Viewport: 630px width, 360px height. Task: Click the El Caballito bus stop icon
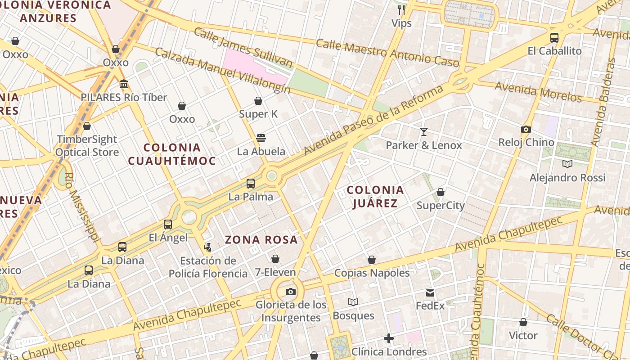point(554,38)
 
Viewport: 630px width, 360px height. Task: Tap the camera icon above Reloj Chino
point(526,130)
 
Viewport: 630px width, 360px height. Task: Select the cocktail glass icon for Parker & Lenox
point(423,132)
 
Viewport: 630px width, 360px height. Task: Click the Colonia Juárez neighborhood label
point(375,197)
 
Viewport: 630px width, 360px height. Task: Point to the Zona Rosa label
point(261,240)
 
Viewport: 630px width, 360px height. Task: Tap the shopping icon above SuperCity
point(441,193)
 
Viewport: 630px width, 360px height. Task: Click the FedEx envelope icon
point(430,293)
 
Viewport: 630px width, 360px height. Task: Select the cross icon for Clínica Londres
point(389,338)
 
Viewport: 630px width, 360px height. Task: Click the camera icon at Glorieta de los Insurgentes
point(291,292)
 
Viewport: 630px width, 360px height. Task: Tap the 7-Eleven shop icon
point(275,259)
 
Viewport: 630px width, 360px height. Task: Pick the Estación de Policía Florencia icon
point(207,247)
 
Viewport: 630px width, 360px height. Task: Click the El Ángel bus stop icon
point(168,224)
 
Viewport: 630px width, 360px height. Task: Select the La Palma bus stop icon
point(251,184)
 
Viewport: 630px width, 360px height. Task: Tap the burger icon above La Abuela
point(261,138)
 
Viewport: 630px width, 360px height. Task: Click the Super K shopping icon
point(258,101)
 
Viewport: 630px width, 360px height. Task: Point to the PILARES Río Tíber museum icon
point(124,84)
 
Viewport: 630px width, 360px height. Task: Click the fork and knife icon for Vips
point(401,10)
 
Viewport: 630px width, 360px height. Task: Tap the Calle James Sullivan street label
point(243,47)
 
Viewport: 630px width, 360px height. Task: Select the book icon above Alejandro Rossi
point(567,164)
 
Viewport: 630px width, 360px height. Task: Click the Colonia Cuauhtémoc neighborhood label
point(172,154)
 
